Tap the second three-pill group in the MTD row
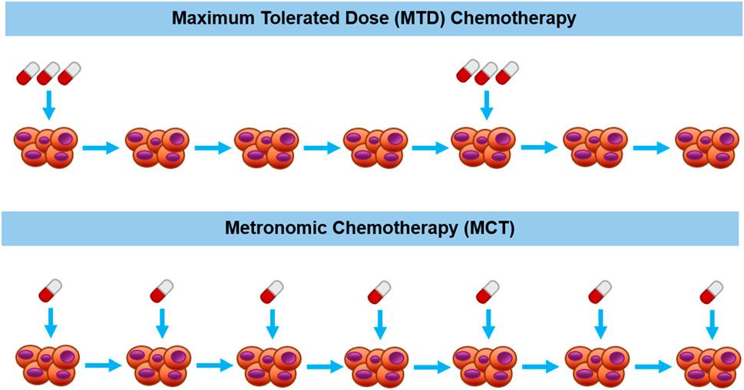click(487, 74)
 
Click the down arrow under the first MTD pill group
click(48, 106)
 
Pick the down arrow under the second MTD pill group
click(485, 106)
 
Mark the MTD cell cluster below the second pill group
click(483, 147)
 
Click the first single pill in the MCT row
click(50, 292)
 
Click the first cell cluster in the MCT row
click(46, 365)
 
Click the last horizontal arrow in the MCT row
click(651, 365)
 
